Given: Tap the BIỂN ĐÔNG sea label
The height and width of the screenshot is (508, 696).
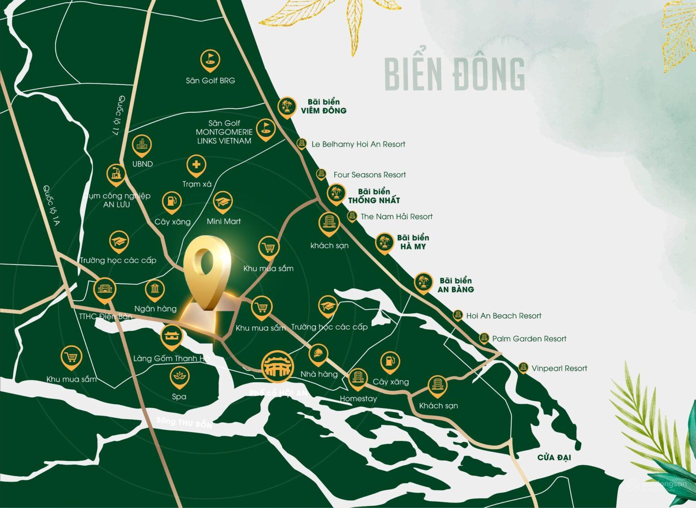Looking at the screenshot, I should click(x=454, y=73).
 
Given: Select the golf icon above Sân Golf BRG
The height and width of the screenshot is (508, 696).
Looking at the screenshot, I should click(x=210, y=59).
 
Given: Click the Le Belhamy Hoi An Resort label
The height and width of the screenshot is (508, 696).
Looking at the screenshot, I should click(x=358, y=144).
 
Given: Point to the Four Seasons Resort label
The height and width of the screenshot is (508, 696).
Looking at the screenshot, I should click(x=369, y=175).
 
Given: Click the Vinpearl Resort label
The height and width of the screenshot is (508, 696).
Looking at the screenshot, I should click(x=559, y=369).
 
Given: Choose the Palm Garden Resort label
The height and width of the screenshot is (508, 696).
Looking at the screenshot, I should click(x=529, y=339).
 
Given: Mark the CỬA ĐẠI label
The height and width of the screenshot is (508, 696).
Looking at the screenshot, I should click(x=554, y=457).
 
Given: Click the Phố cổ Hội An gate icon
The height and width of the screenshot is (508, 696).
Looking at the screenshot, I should click(x=278, y=365).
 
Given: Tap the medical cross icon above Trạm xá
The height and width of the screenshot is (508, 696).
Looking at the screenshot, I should click(x=196, y=165).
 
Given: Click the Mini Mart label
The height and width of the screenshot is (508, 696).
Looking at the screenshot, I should click(x=224, y=221).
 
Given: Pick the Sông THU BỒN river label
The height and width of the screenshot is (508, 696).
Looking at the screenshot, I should click(x=184, y=423).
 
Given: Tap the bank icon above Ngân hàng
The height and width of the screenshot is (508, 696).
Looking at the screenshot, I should click(x=155, y=289).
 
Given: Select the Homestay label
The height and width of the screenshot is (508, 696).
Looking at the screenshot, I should click(x=358, y=399).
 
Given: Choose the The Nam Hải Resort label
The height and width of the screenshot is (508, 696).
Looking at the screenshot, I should click(x=396, y=217).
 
